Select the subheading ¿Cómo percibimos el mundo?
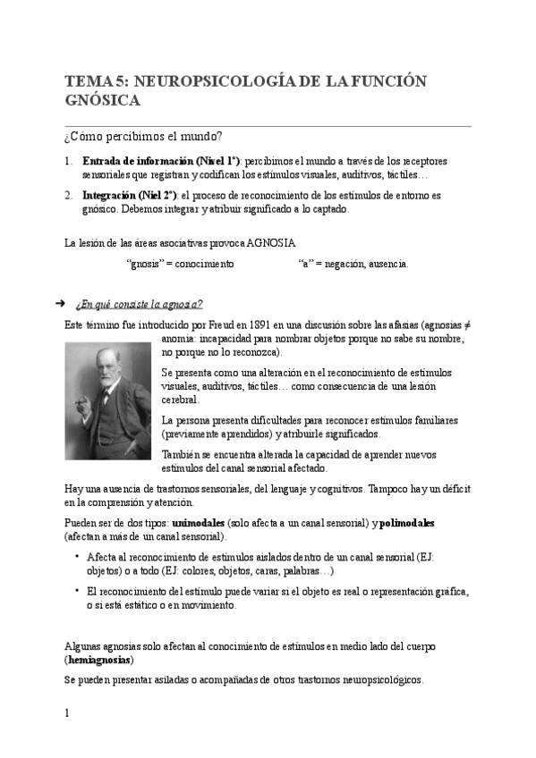click(143, 137)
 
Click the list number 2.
click(69, 195)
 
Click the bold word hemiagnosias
click(99, 660)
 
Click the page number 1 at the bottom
click(67, 713)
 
